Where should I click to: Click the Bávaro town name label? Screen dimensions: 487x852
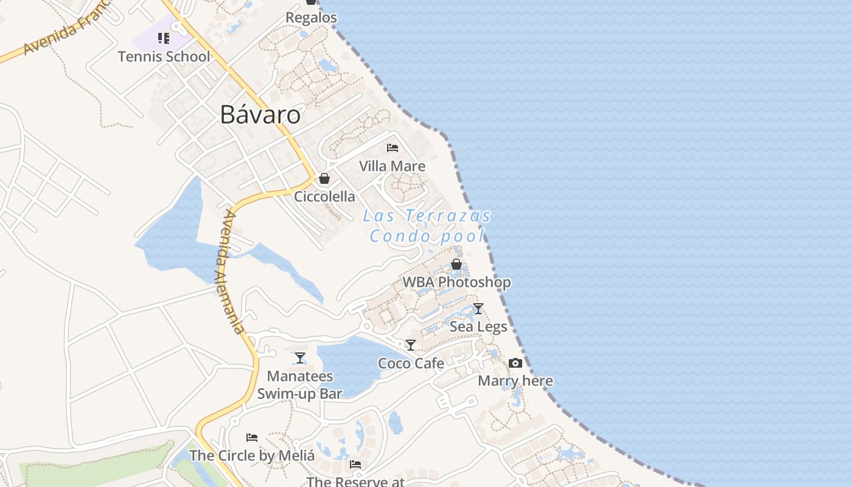(260, 114)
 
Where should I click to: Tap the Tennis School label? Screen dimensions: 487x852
(164, 57)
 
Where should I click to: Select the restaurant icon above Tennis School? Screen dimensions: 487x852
(164, 38)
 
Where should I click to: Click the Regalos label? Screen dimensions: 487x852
(311, 18)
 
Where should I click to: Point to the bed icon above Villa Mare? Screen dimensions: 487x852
(393, 148)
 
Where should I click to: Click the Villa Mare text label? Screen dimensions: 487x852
(393, 166)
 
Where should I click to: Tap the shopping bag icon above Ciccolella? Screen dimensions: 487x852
(324, 178)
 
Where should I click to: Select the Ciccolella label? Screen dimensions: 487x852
(324, 197)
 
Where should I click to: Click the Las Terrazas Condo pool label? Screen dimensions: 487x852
(428, 226)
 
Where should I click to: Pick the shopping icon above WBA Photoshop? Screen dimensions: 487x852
(456, 264)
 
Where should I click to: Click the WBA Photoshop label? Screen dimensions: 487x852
(456, 282)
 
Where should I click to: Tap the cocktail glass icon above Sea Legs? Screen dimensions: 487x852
(478, 309)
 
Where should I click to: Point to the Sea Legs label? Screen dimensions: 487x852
(478, 327)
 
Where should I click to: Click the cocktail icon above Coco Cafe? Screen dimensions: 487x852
(411, 345)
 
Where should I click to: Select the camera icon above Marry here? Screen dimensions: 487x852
(515, 363)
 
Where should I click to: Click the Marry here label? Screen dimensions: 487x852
(515, 381)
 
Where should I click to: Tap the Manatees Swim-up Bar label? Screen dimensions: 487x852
(300, 385)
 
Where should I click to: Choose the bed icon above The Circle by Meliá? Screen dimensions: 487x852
(252, 438)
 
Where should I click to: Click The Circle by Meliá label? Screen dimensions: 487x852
(252, 455)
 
